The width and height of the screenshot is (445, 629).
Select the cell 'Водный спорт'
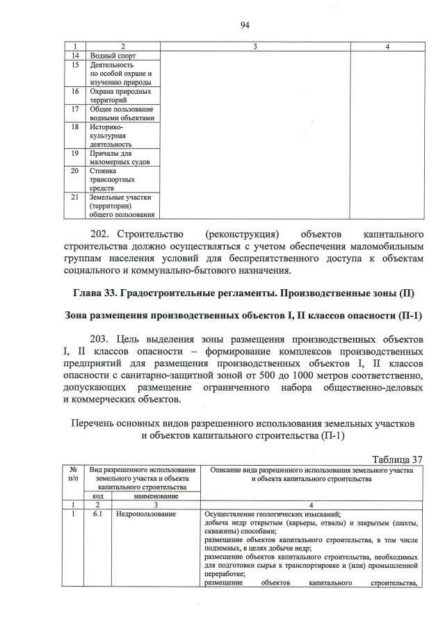coord(113,55)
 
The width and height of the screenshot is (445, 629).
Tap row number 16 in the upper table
coord(75,91)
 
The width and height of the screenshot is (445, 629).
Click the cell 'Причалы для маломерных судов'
coord(115,158)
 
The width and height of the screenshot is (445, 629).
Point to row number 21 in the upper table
coord(75,197)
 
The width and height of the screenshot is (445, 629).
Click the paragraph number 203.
coord(104,339)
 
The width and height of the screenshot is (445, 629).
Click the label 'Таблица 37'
coord(397,459)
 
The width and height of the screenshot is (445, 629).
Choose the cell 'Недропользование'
coord(145,515)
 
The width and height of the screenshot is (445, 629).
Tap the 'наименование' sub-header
coord(156,496)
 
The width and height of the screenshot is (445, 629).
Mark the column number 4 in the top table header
coord(387,46)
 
